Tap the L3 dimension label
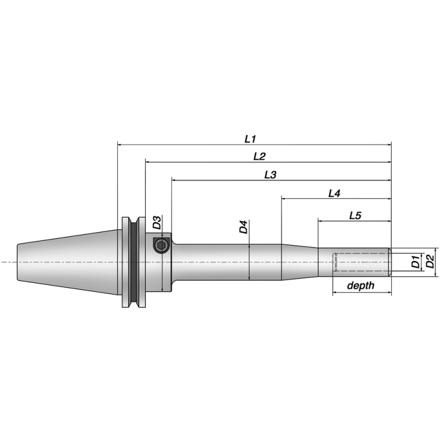click(x=270, y=175)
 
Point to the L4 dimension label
click(x=334, y=193)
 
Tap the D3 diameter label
click(x=157, y=223)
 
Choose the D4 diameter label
click(x=244, y=227)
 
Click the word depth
click(x=361, y=286)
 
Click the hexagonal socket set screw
click(x=161, y=246)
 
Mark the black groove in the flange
click(x=134, y=262)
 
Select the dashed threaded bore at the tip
click(x=361, y=262)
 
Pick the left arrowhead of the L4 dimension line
click(x=284, y=199)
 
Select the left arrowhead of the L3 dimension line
click(x=174, y=181)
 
